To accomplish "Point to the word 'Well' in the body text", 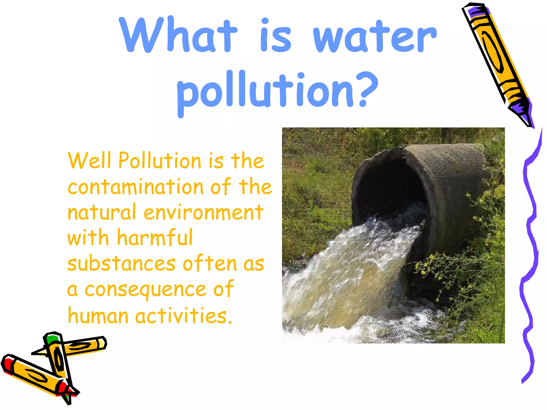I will [x=89, y=160].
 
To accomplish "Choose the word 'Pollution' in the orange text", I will [x=160, y=160].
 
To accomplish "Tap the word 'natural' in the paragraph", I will [x=101, y=212].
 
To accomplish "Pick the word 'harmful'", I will [x=155, y=237].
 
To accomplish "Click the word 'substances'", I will [x=122, y=263].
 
